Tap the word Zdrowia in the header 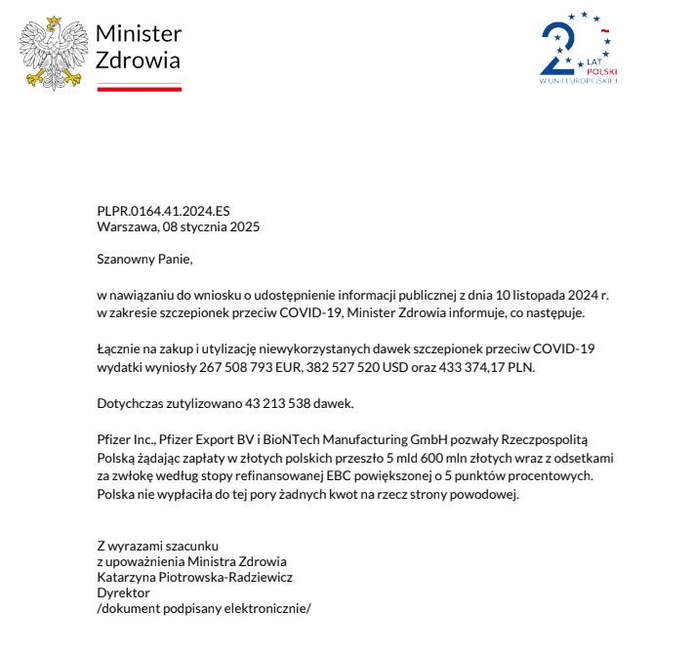(138, 60)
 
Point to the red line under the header (139, 88)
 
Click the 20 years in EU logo (579, 49)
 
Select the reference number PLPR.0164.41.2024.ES (163, 211)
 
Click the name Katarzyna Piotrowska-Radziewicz (194, 577)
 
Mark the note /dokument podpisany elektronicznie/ (203, 608)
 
